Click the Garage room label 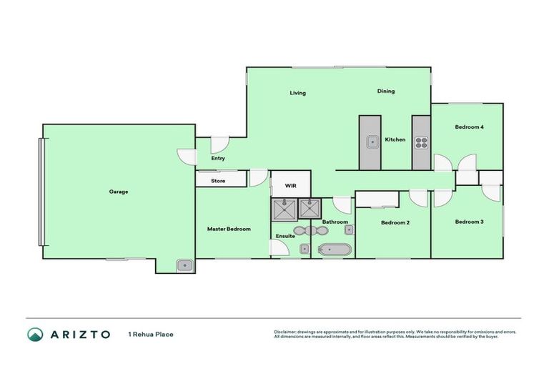coord(119,192)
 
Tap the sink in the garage coord(185,265)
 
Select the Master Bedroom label coord(229,229)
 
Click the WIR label coord(290,185)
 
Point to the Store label coord(218,181)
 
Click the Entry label coord(218,159)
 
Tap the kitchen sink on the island coord(372,142)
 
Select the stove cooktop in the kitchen coord(420,142)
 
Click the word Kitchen coord(395,139)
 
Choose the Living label coord(297,93)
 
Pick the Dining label coord(386,91)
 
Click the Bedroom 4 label coord(470,127)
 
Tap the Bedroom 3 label coord(470,222)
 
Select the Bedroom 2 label coord(395,222)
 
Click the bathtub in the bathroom coord(335,249)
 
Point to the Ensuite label coord(285,235)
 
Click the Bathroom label coord(335,222)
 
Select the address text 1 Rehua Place coord(150,334)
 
